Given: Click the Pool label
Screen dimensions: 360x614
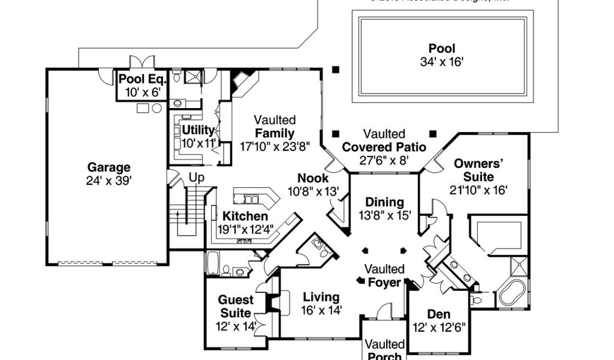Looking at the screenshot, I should pyautogui.click(x=441, y=49).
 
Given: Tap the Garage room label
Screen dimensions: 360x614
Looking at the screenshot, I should pyautogui.click(x=109, y=167).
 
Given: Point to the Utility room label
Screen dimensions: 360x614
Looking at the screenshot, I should pyautogui.click(x=198, y=130).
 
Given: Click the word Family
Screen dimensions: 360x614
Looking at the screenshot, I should pyautogui.click(x=274, y=133).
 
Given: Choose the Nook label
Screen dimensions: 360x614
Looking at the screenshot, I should pyautogui.click(x=313, y=178).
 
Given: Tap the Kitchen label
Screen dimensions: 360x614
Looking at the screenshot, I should pyautogui.click(x=245, y=216).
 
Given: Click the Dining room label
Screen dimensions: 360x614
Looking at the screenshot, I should pyautogui.click(x=384, y=202).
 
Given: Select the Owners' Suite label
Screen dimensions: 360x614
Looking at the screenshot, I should pyautogui.click(x=477, y=170).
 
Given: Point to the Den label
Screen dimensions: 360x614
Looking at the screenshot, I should pyautogui.click(x=438, y=314).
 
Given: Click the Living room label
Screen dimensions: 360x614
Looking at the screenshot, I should pyautogui.click(x=321, y=297).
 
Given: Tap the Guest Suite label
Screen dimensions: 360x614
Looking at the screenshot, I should pyautogui.click(x=236, y=306).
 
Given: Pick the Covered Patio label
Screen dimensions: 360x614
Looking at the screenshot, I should pyautogui.click(x=384, y=147).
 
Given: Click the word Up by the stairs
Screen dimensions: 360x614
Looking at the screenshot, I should pyautogui.click(x=197, y=178).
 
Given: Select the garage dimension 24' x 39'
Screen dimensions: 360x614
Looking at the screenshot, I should pyautogui.click(x=109, y=181).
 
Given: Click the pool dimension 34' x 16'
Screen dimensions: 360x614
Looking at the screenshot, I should pyautogui.click(x=442, y=61).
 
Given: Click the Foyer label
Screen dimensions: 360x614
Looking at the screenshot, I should pyautogui.click(x=384, y=282).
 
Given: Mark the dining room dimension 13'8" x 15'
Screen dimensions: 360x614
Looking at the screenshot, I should pyautogui.click(x=384, y=215).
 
